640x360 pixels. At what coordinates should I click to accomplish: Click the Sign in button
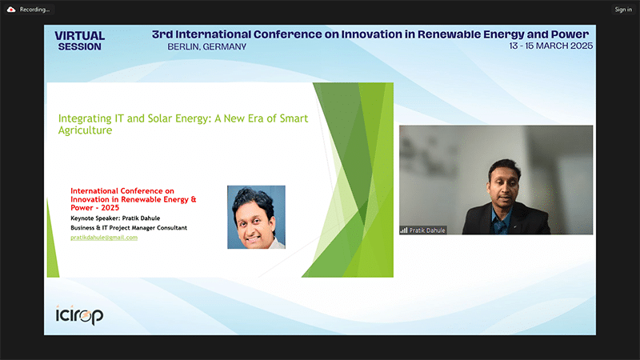point(623,10)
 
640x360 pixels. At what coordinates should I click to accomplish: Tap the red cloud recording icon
point(11,10)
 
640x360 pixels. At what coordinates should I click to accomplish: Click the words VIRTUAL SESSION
point(79,42)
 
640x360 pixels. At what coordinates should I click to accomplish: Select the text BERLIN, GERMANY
point(207,47)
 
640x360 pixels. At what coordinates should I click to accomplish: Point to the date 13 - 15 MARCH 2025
point(550,46)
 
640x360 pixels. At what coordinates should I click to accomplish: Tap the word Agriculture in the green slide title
point(85,130)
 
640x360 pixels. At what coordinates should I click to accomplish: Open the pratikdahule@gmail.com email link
point(104,238)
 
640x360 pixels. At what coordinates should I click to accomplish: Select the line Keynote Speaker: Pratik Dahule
point(115,218)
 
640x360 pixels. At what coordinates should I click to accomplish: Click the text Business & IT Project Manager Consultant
point(129,228)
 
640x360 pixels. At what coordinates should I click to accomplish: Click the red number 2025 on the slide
point(110,208)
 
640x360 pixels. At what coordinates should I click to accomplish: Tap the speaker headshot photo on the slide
point(256,217)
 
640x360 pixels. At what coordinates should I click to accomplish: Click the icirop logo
point(79,315)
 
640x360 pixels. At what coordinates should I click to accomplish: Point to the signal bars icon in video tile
point(404,230)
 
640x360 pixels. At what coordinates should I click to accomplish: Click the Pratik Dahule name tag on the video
point(423,230)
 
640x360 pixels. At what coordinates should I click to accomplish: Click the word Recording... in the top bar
point(34,10)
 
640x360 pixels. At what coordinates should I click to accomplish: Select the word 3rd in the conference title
point(162,34)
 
